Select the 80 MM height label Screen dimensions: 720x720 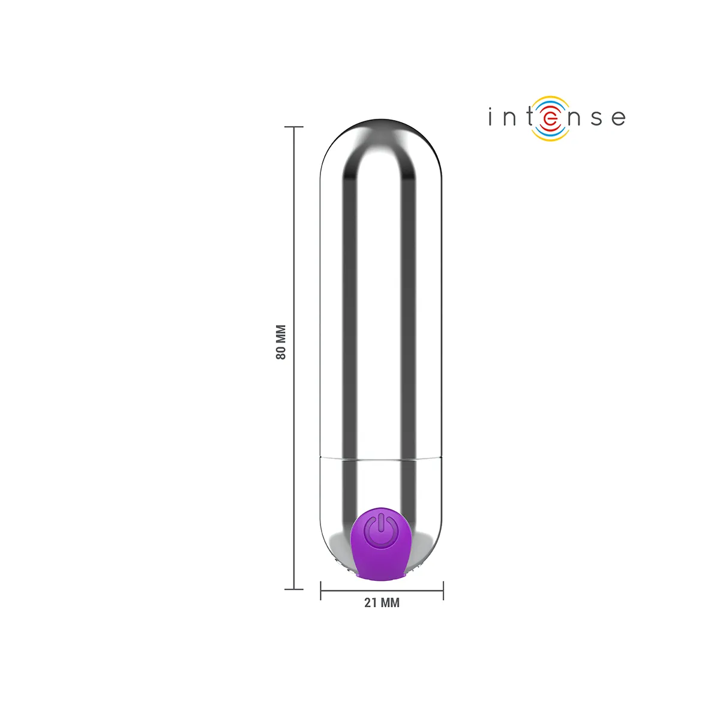[281, 342]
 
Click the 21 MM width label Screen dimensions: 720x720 [382, 602]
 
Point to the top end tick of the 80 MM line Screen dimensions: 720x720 [293, 127]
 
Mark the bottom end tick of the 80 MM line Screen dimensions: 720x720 [293, 589]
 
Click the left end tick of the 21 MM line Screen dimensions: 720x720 [320, 590]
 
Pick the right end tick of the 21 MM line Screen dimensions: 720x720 [443, 590]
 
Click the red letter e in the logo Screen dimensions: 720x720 [551, 118]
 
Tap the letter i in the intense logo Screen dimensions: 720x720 [491, 117]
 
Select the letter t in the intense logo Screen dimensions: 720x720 [529, 116]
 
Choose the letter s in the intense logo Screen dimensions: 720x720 [596, 118]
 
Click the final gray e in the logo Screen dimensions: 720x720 [619, 118]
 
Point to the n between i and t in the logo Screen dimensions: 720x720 [509, 118]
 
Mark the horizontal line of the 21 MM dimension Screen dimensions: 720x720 [360, 590]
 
